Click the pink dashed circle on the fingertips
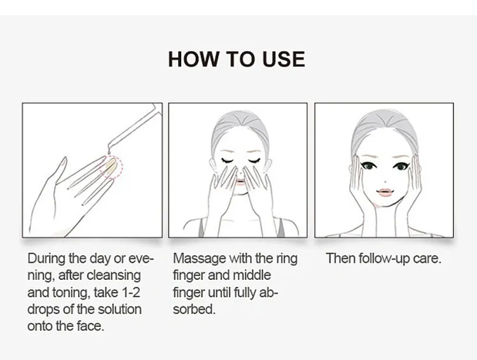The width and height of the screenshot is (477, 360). coord(112,167)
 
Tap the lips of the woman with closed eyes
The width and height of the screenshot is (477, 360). coord(240,182)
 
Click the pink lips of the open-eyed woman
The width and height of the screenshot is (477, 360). coord(385,192)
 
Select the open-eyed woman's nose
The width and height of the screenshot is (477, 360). coord(385,181)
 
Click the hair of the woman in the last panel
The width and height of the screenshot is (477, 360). coord(384,128)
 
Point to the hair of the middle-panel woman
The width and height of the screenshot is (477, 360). coord(240,128)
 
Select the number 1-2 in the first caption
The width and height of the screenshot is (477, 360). coord(130,292)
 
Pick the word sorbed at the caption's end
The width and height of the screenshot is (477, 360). coord(194,309)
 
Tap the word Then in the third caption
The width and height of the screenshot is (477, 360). coord(341,258)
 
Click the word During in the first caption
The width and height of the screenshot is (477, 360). coord(46,259)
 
